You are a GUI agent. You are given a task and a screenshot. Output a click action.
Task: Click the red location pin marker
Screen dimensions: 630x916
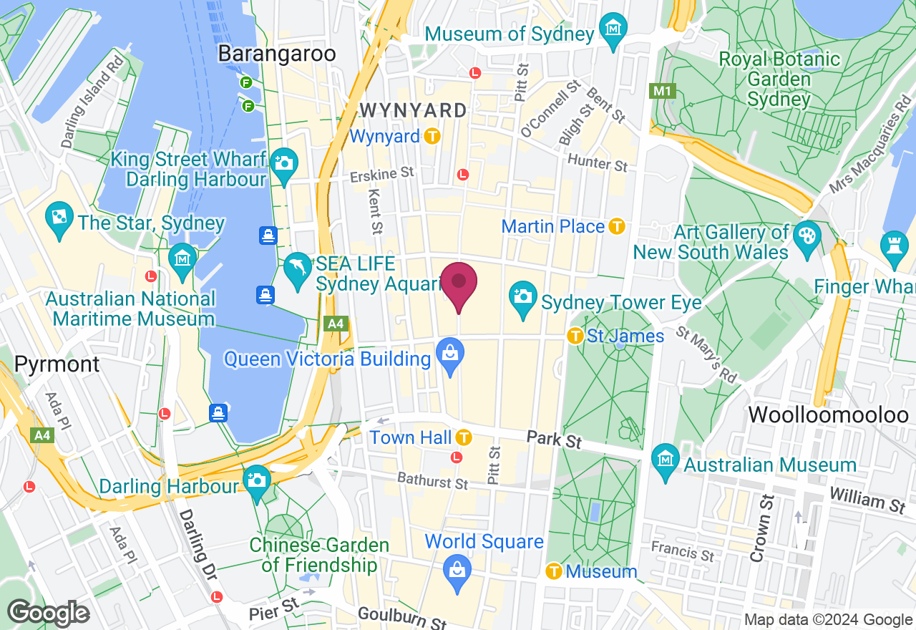(x=458, y=285)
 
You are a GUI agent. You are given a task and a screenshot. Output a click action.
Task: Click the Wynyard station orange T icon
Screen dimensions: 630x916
(x=432, y=136)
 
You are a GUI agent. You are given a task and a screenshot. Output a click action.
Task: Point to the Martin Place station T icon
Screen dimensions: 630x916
(x=617, y=226)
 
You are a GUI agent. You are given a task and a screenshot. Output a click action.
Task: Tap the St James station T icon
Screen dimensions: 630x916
(x=575, y=335)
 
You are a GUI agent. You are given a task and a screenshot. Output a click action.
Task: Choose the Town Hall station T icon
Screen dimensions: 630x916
(x=464, y=437)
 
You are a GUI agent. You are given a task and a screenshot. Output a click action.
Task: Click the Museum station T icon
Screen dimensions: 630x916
(x=553, y=571)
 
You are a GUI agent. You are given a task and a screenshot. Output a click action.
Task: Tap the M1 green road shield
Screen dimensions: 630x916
(x=660, y=91)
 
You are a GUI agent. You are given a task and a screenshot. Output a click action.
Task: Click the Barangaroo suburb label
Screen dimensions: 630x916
(x=277, y=54)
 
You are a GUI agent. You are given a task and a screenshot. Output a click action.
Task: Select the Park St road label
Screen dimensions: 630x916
(x=554, y=439)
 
